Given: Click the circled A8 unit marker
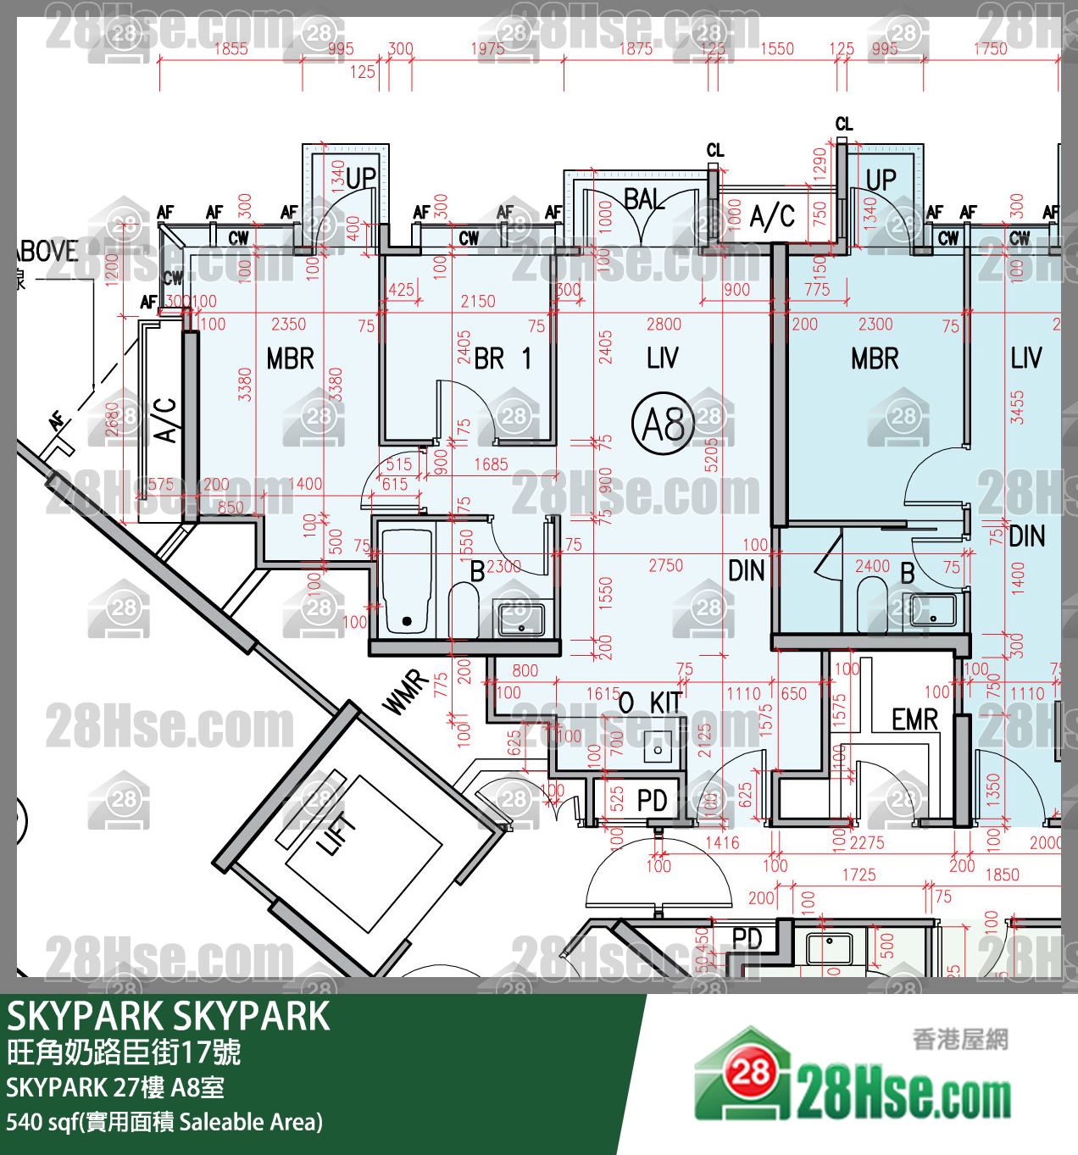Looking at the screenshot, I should (663, 423).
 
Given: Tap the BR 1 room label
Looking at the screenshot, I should (503, 358).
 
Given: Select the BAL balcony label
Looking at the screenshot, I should (644, 199).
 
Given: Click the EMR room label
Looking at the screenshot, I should (914, 719).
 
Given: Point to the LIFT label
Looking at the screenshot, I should (336, 835).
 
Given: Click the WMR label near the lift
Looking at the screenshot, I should (406, 692).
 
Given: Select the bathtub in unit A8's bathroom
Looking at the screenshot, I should (407, 582).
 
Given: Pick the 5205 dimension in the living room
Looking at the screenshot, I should (711, 455).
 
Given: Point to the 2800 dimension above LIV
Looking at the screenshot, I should (664, 324).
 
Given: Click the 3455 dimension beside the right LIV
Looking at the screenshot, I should (1017, 408).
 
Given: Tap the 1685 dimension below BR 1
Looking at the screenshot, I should (491, 464).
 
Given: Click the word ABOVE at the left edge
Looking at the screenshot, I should (47, 252).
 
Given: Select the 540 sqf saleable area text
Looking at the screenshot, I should (164, 1122).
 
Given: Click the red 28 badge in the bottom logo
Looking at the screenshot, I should (750, 1074).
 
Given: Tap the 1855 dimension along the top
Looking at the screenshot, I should (231, 49).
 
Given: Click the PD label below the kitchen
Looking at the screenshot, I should (652, 799).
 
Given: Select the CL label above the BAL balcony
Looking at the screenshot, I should (715, 150).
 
